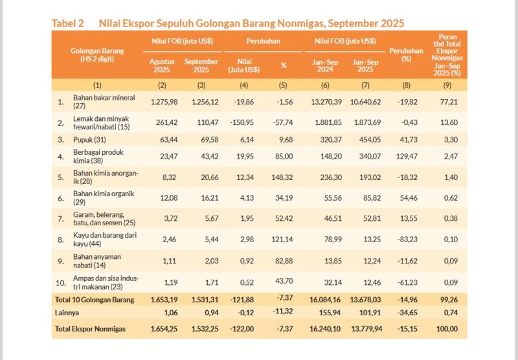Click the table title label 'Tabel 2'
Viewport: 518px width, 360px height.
click(68, 23)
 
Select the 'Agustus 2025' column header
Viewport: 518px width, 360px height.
click(162, 65)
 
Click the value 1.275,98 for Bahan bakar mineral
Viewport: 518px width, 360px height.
click(163, 102)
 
